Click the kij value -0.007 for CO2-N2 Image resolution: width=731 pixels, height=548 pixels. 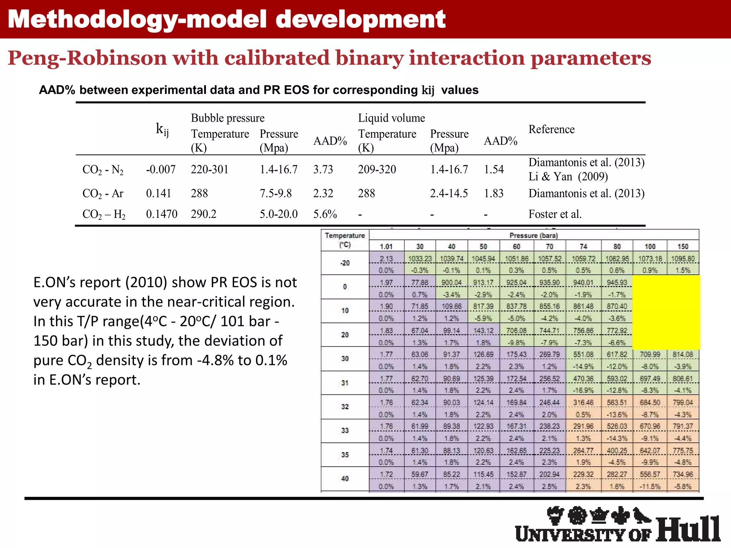161,169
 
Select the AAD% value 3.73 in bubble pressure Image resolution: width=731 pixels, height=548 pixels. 323,169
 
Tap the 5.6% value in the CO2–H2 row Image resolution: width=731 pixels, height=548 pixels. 325,214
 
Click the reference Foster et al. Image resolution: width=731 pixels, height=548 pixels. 555,214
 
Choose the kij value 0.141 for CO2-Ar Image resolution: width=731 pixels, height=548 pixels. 158,193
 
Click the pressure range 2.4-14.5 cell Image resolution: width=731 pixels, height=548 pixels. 449,193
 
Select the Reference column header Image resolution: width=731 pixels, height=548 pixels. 551,129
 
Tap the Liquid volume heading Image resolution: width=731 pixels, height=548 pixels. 392,118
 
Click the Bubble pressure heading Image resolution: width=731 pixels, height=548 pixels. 228,118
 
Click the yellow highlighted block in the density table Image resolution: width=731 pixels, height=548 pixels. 666,312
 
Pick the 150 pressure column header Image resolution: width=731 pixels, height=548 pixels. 683,246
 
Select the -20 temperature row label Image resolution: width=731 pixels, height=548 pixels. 345,263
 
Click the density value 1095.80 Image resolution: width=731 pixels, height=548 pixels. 683,259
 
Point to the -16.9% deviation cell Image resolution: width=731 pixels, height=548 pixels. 583,390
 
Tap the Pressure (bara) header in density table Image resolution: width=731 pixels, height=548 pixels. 534,235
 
